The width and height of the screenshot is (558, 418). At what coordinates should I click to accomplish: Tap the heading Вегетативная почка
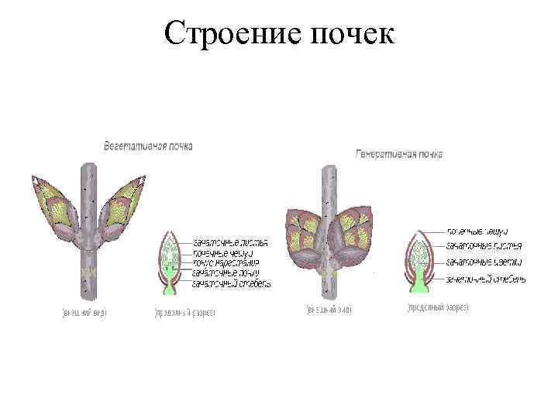(149, 146)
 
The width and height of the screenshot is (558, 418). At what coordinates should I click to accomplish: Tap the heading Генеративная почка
(399, 153)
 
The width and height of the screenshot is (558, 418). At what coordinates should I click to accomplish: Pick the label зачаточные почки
(229, 272)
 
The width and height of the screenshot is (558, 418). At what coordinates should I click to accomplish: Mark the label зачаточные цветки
(484, 262)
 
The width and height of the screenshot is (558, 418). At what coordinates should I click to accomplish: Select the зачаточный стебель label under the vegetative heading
(231, 283)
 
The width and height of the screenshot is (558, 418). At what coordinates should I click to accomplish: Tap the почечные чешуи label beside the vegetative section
(229, 252)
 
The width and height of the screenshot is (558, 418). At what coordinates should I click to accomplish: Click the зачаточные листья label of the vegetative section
(229, 242)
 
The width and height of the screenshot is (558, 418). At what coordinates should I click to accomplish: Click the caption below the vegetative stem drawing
(84, 312)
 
